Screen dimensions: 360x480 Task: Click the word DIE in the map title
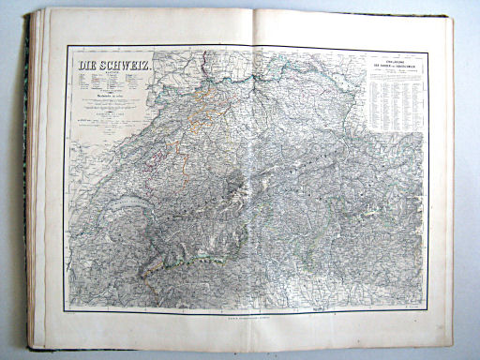pos(86,67)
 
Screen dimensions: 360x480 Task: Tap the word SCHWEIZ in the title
pos(127,67)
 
